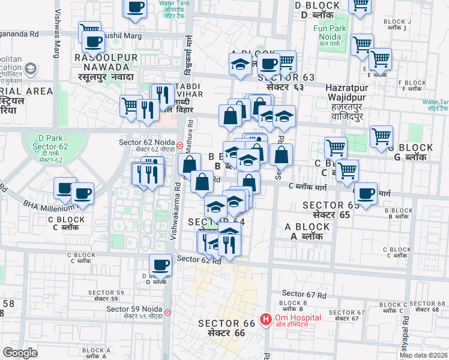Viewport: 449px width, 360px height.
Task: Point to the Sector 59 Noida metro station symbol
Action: (x=167, y=312)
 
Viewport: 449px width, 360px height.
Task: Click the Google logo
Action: (x=20, y=353)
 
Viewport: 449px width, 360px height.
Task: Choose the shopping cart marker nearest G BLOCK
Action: (x=382, y=137)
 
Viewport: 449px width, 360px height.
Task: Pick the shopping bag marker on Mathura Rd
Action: (x=189, y=165)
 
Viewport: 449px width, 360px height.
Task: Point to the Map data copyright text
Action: (x=423, y=355)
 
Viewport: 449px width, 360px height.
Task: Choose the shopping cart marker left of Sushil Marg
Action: (x=89, y=31)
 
